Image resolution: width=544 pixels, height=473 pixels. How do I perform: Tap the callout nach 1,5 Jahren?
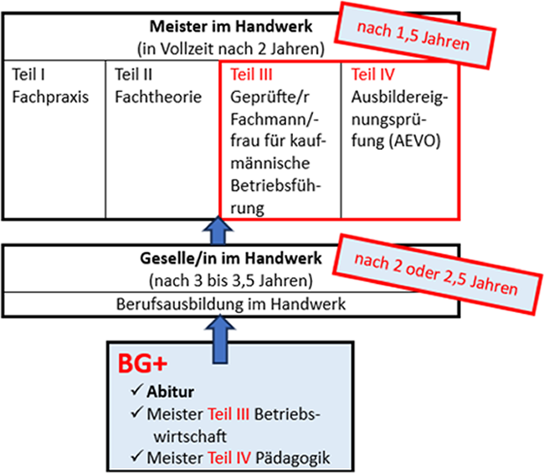[x=408, y=36]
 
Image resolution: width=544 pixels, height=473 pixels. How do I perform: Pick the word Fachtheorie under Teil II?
[x=158, y=96]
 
